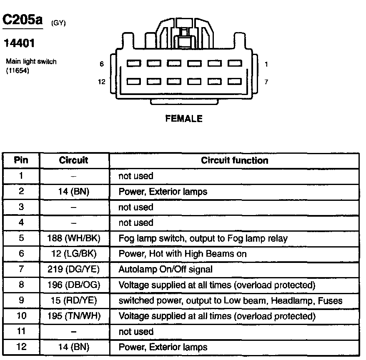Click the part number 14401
[19, 43]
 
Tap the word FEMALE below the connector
[184, 119]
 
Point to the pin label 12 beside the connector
[102, 82]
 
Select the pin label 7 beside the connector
[266, 82]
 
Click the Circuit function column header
[234, 160]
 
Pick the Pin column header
[21, 160]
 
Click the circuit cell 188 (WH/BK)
[74, 238]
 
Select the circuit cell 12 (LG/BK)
[74, 254]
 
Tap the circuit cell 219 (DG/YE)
[74, 270]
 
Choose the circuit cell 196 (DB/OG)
[74, 285]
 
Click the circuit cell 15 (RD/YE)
[74, 301]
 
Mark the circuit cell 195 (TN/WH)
[74, 316]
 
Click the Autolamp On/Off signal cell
[165, 270]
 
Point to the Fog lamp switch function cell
[203, 238]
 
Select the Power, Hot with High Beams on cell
[183, 254]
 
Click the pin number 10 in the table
[21, 316]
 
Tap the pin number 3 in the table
[21, 207]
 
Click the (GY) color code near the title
[58, 23]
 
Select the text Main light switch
[31, 62]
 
